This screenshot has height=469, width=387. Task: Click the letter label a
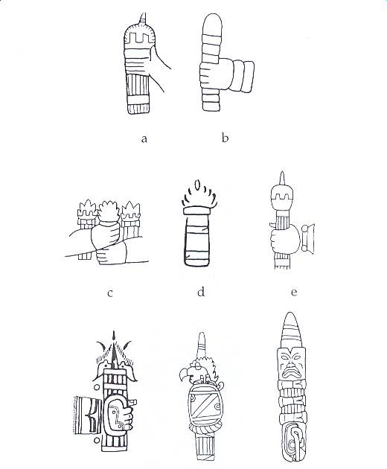144,139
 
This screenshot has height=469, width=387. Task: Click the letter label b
226,138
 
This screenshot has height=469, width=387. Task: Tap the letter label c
110,293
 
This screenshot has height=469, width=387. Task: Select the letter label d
201,291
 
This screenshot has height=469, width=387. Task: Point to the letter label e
294,293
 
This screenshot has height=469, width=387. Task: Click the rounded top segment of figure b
212,25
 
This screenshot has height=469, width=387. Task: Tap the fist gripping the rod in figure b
215,74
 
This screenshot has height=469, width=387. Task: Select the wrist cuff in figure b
243,77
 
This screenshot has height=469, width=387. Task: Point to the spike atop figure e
282,179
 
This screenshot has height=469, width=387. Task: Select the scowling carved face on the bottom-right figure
290,364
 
